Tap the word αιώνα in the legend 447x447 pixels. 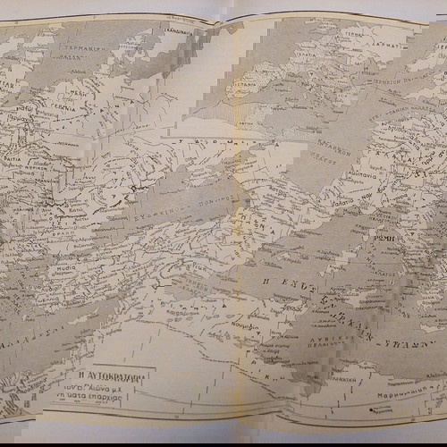pos(101,390)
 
